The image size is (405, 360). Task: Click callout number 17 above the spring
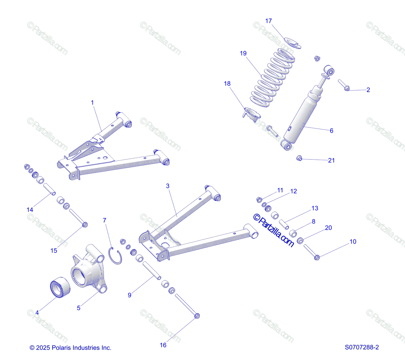coord(268,21)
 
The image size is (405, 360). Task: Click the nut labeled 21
coord(299,158)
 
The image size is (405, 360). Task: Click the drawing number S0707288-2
coord(362,348)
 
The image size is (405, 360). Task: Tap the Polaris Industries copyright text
coord(71,348)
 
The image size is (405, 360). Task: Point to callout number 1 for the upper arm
coord(92,102)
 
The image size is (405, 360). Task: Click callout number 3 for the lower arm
coord(168,186)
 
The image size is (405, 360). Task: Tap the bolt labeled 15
coord(78,217)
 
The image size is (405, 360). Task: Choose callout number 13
coord(315,208)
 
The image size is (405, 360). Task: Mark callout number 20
coord(328,228)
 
